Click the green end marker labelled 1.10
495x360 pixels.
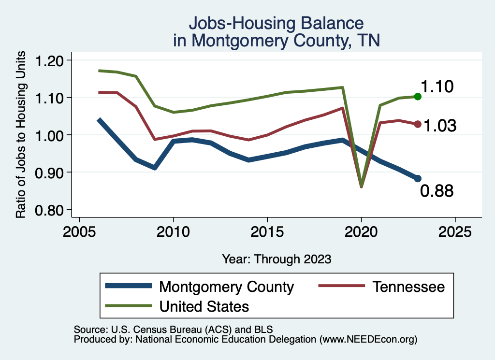click(418, 97)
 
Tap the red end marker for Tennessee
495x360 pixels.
click(418, 124)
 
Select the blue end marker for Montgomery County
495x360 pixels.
click(418, 178)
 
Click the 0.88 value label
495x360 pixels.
click(437, 191)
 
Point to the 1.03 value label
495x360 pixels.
click(440, 126)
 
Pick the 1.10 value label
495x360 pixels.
click(437, 87)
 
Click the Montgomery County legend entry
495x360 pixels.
click(226, 287)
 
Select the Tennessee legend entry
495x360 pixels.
click(408, 287)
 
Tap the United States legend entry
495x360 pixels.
click(204, 306)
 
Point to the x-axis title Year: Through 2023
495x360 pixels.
click(277, 259)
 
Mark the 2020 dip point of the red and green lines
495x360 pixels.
click(361, 186)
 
